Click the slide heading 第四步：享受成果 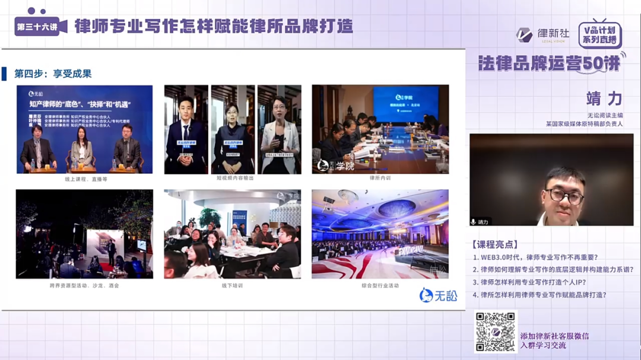point(53,74)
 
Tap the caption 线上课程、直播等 point(86,179)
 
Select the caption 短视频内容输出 point(232,178)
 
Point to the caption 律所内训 point(380,178)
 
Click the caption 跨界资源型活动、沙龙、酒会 point(84,285)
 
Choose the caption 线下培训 point(232,285)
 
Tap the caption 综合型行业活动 point(380,285)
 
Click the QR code point(496,332)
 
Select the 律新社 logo point(542,35)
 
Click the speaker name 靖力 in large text point(604,98)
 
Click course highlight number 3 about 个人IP point(534,282)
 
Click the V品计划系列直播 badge point(599,34)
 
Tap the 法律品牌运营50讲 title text point(549,63)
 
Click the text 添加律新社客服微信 point(554,336)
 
